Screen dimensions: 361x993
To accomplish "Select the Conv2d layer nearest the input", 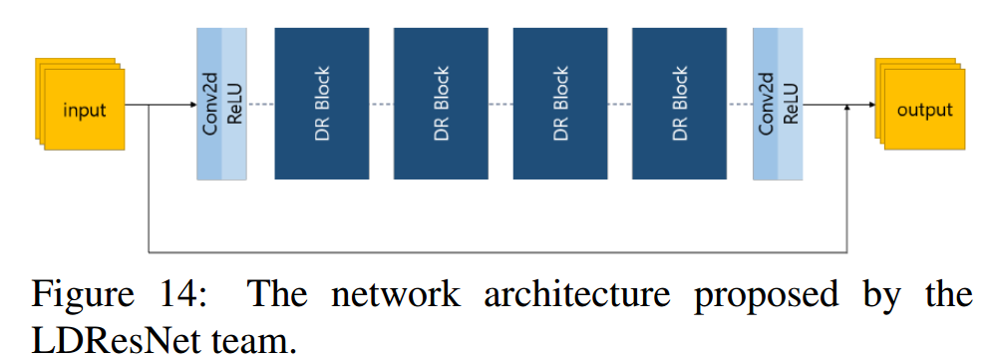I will tap(209, 104).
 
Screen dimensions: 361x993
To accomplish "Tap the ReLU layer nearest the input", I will tap(234, 104).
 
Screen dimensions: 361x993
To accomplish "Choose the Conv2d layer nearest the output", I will tap(766, 104).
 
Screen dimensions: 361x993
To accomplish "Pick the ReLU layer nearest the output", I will tap(791, 104).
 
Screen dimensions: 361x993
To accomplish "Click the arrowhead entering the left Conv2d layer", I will tap(191, 104).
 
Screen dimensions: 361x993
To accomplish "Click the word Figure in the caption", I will tap(84, 296).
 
